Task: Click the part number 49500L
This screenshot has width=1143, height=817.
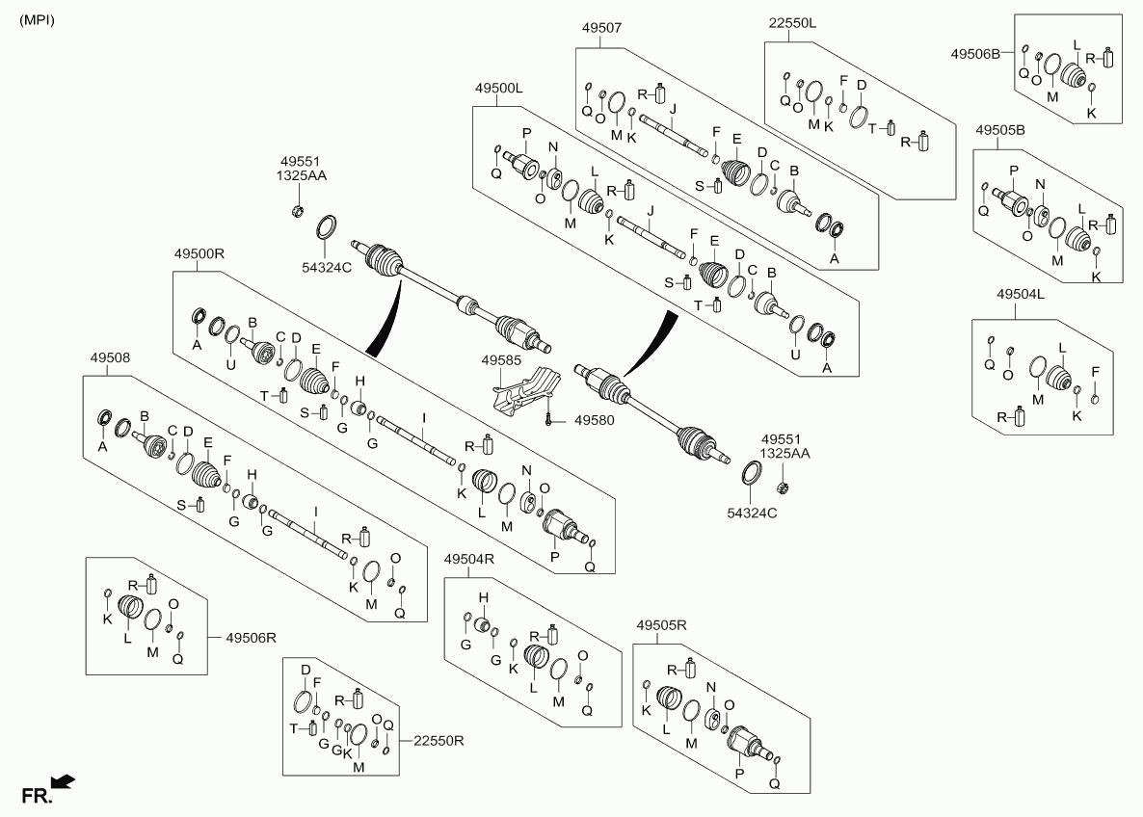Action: [x=498, y=89]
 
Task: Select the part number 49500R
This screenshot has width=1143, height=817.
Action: [x=199, y=253]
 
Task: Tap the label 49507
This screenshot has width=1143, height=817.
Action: [x=601, y=28]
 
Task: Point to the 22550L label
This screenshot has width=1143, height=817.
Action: [x=792, y=22]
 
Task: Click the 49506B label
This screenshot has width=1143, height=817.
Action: [x=975, y=53]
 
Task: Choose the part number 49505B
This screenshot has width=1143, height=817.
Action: [x=1000, y=130]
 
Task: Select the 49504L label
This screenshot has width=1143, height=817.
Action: [x=1021, y=294]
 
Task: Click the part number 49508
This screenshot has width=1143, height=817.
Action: [x=110, y=357]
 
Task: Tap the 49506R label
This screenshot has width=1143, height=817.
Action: [x=251, y=638]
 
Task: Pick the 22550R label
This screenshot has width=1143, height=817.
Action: [x=439, y=741]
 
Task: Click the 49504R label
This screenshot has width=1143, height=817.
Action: [x=469, y=559]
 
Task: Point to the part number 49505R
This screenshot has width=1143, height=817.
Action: [x=661, y=625]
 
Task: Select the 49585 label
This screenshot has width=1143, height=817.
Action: [x=501, y=360]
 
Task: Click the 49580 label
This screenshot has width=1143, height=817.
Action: [x=594, y=420]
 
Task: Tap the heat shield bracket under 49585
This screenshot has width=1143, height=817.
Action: [x=525, y=391]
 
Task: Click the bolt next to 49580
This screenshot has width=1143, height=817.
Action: [x=548, y=419]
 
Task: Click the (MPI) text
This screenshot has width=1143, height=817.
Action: [x=37, y=19]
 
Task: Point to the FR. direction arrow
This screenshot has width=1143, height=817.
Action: [x=65, y=782]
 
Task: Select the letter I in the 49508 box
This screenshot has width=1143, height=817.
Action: [x=316, y=512]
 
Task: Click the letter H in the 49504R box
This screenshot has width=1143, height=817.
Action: [x=483, y=598]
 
